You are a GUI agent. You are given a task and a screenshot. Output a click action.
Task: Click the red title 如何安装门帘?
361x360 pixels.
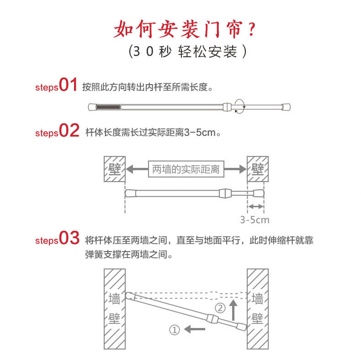[x=185, y=29]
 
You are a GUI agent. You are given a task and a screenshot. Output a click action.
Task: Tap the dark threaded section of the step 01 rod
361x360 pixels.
[x=108, y=107]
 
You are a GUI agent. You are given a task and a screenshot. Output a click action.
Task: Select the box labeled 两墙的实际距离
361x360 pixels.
[x=186, y=169]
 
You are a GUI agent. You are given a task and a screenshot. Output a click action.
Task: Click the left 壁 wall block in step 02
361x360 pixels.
[x=114, y=169]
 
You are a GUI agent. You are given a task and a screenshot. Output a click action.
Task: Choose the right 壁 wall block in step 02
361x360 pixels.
[x=258, y=169]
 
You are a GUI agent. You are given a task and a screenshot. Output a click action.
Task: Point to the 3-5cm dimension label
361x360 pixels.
[x=255, y=220]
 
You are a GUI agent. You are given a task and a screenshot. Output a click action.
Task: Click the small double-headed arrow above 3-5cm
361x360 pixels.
[x=256, y=207]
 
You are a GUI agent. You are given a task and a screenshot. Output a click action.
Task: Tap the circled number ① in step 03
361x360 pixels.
[x=174, y=329]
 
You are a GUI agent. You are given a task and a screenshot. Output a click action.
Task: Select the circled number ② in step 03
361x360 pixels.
[x=220, y=308]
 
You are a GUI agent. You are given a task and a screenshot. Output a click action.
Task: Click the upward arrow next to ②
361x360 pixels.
[x=233, y=310]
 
